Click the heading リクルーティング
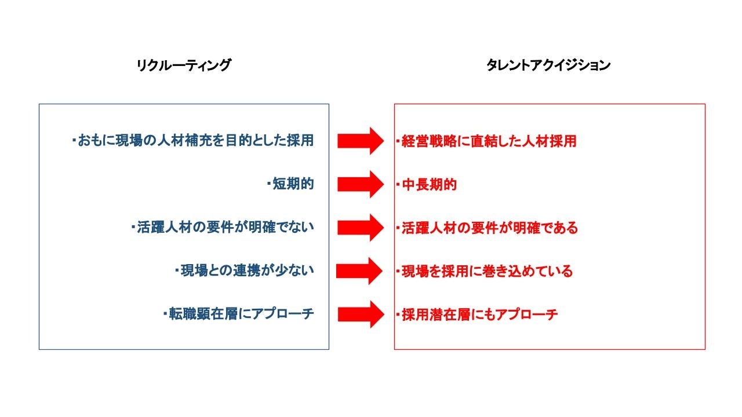pos(183,65)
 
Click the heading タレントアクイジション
pos(548,65)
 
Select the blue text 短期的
pos(293,184)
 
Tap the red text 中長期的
pos(429,185)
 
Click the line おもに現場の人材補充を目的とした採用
pos(196,141)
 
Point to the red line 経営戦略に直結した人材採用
pos(489,141)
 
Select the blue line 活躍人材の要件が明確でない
pos(225,228)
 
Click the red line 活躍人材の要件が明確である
pos(490,228)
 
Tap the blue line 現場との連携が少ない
pos(247,270)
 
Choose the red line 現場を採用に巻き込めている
pos(487,270)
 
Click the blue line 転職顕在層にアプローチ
pos(241,314)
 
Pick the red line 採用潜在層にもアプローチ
pos(479,314)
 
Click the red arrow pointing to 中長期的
pos(360,185)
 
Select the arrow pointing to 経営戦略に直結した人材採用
pos(360,141)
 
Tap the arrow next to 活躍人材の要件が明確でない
pos(360,228)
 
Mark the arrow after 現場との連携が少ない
pos(360,270)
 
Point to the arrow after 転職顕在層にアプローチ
pos(360,314)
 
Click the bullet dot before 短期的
pos(269,184)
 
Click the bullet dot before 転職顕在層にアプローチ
pos(165,314)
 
